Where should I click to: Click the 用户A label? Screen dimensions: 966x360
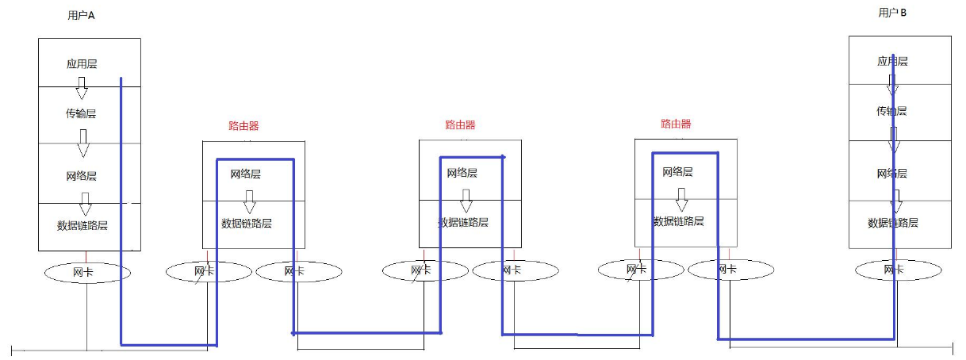[x=82, y=15]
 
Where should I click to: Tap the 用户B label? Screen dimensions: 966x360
[x=892, y=12]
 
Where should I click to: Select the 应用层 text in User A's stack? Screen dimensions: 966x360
[x=82, y=63]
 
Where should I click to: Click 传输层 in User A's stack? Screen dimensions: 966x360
[x=82, y=114]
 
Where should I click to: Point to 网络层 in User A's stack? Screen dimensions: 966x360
[x=82, y=176]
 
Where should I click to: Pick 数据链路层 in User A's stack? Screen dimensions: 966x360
[x=82, y=225]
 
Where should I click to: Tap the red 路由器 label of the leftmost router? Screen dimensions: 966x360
[x=243, y=125]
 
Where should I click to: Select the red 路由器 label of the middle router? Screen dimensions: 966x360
[x=460, y=124]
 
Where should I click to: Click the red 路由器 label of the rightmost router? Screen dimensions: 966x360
[x=676, y=124]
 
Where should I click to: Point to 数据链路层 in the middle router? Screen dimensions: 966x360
[x=463, y=223]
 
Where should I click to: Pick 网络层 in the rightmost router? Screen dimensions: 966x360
[x=677, y=171]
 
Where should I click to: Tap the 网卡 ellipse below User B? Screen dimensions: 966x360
[x=894, y=270]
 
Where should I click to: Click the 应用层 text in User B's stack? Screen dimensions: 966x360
[x=892, y=61]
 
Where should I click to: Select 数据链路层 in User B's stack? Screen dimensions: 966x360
[x=893, y=223]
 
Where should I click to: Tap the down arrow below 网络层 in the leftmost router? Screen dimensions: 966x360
[x=249, y=196]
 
